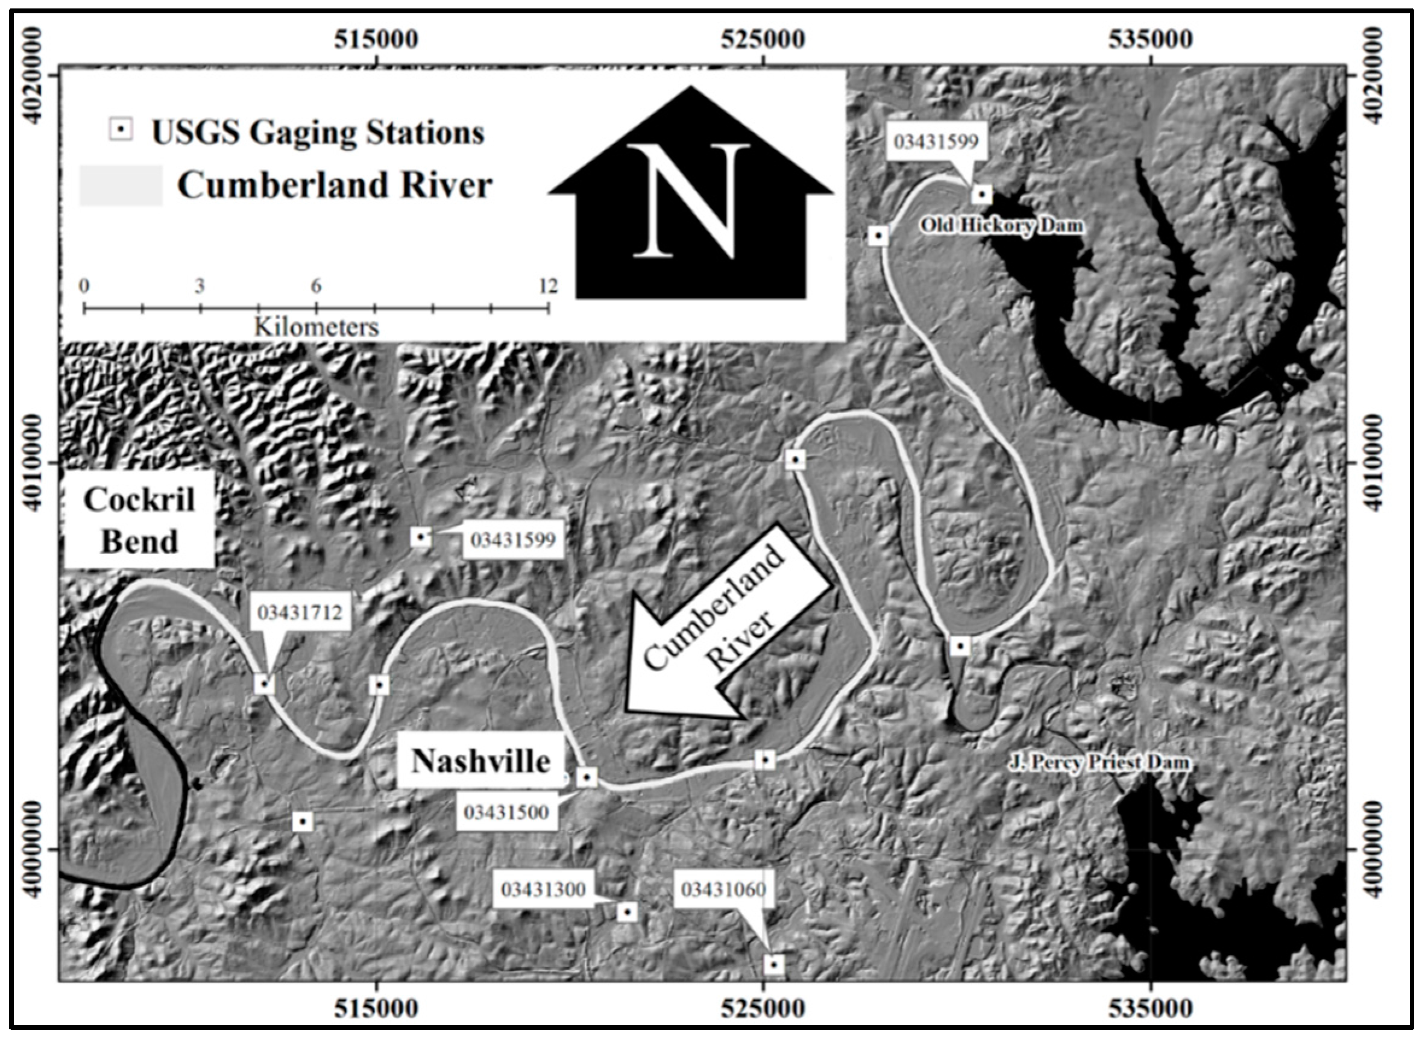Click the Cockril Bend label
(139, 521)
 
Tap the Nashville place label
(480, 762)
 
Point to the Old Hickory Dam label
(1002, 225)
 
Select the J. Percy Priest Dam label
(1099, 763)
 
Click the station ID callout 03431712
(300, 612)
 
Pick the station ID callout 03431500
(506, 812)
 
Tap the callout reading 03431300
(543, 890)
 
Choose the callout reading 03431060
(723, 890)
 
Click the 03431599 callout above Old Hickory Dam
(937, 142)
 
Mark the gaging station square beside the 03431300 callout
(627, 912)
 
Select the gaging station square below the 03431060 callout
(774, 964)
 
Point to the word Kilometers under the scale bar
(316, 327)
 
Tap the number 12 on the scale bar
(549, 287)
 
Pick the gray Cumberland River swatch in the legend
(120, 186)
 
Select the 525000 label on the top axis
(763, 40)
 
